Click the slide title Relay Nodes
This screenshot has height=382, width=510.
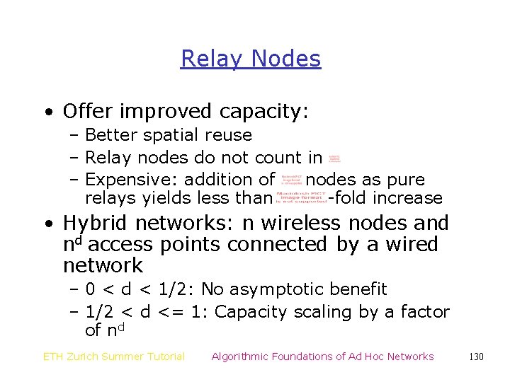251,59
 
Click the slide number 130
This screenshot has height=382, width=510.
476,357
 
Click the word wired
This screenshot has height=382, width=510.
414,245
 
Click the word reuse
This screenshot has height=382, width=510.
229,135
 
